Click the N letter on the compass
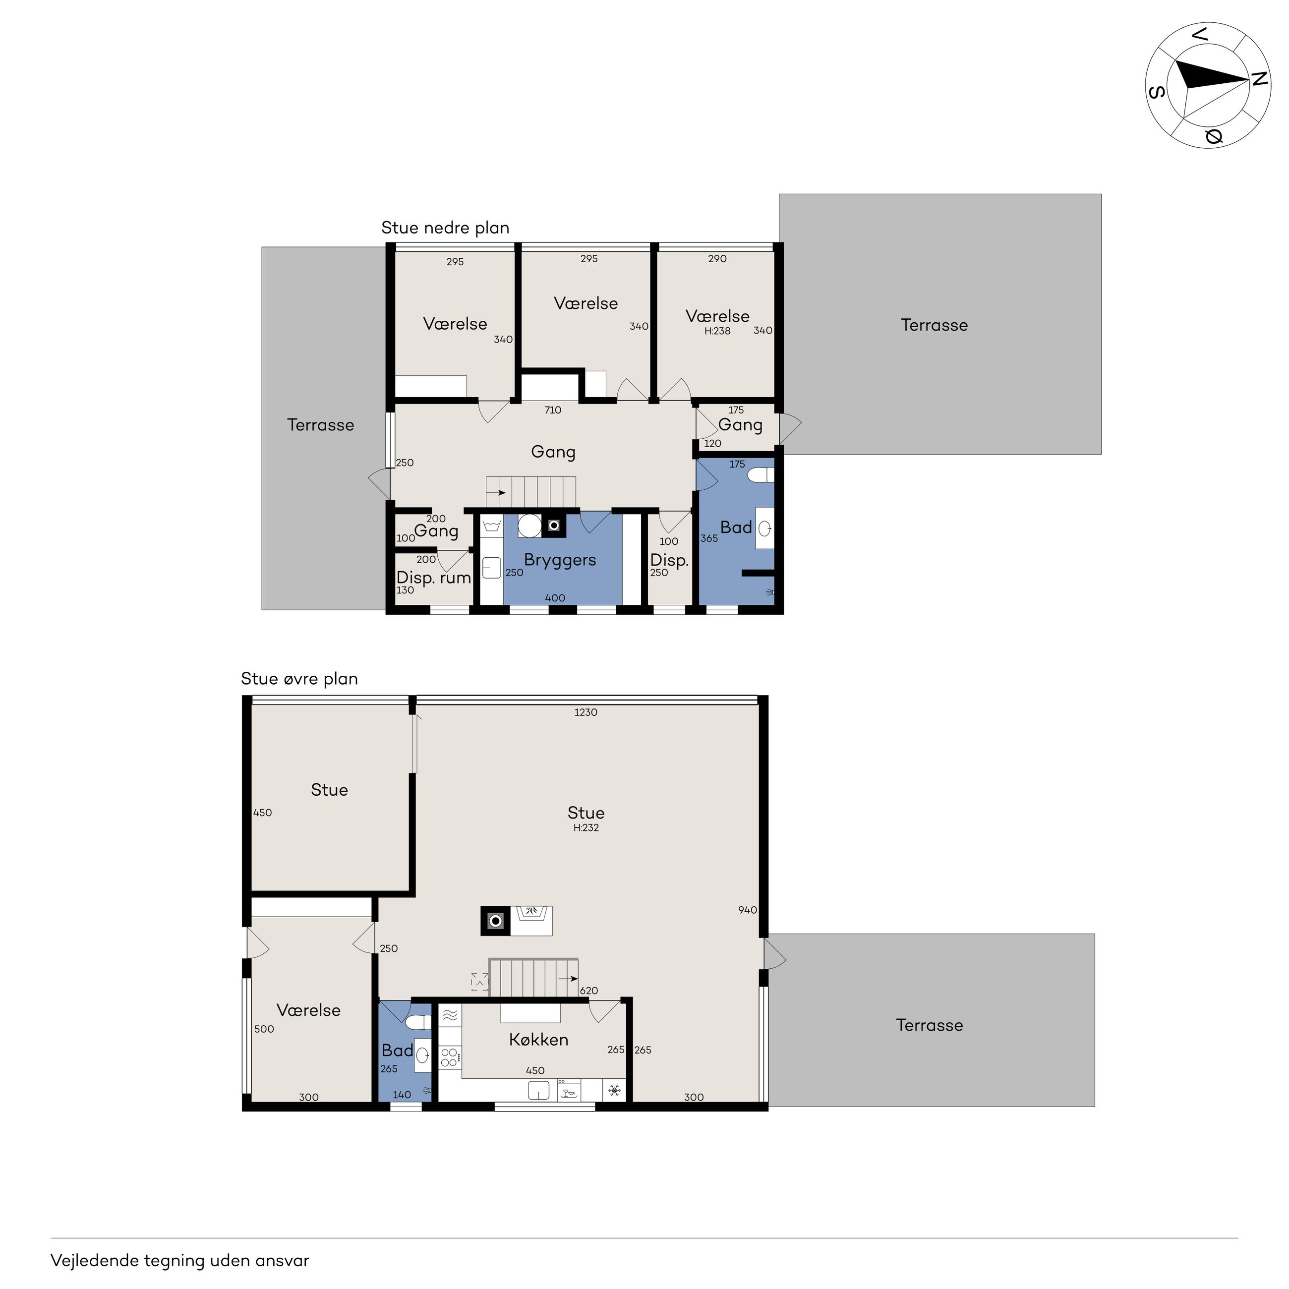pos(1259,79)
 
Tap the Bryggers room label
pos(560,560)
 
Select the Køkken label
pos(538,1040)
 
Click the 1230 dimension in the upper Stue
pos(586,712)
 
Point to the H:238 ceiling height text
pos(717,331)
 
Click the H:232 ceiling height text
pos(586,828)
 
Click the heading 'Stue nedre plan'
pos(445,228)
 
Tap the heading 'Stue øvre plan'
pos(299,679)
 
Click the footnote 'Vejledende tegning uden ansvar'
pos(180,1261)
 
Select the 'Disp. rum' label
pos(434,578)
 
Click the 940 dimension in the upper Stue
pos(747,910)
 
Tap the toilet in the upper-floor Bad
pos(418,1023)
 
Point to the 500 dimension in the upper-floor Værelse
pos(264,1029)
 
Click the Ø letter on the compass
pos(1214,137)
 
